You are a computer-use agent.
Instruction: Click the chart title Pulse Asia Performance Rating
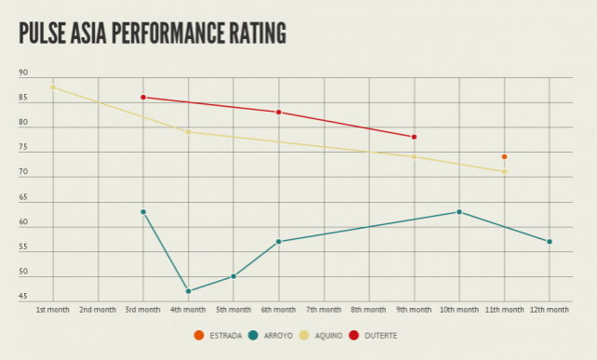153,33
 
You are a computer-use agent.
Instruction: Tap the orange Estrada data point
504,156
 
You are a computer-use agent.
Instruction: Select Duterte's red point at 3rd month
143,97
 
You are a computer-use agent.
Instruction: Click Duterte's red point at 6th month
278,113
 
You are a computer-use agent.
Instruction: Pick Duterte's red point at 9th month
414,137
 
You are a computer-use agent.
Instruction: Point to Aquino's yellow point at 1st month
53,87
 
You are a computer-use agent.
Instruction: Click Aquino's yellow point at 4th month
189,132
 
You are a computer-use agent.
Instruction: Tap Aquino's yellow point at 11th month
504,171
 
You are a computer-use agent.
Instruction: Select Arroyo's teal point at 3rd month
143,212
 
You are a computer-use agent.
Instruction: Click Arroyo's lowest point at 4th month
189,291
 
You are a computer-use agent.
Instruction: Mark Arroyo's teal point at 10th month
459,212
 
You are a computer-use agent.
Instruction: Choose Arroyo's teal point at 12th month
550,242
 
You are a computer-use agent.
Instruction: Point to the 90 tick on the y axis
23,73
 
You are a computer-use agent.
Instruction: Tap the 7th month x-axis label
324,309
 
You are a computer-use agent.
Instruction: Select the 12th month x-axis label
550,309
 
